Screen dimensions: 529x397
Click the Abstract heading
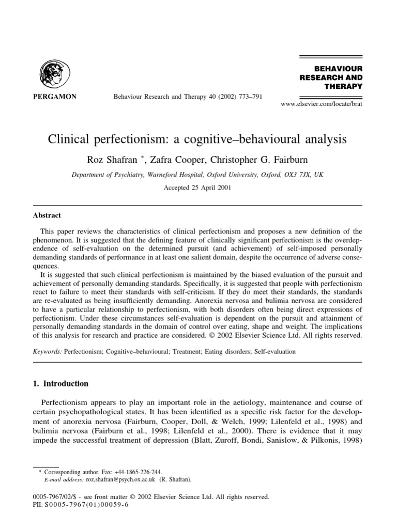point(47,215)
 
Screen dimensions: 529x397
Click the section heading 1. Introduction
point(60,384)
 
